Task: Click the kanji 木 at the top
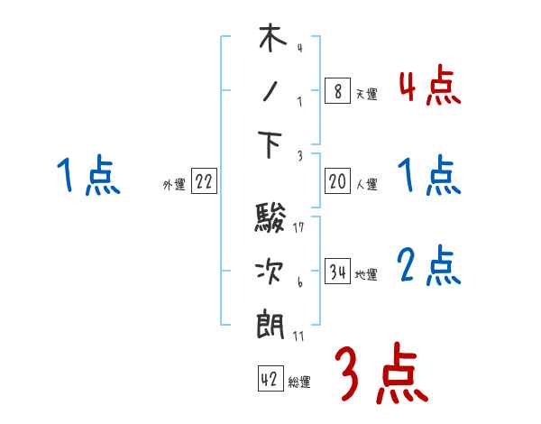point(272,41)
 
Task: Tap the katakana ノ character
point(272,92)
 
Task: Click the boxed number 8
point(337,91)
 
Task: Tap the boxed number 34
point(337,272)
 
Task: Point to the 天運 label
point(366,94)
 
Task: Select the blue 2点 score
point(428,267)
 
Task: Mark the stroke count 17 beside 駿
point(298,226)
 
